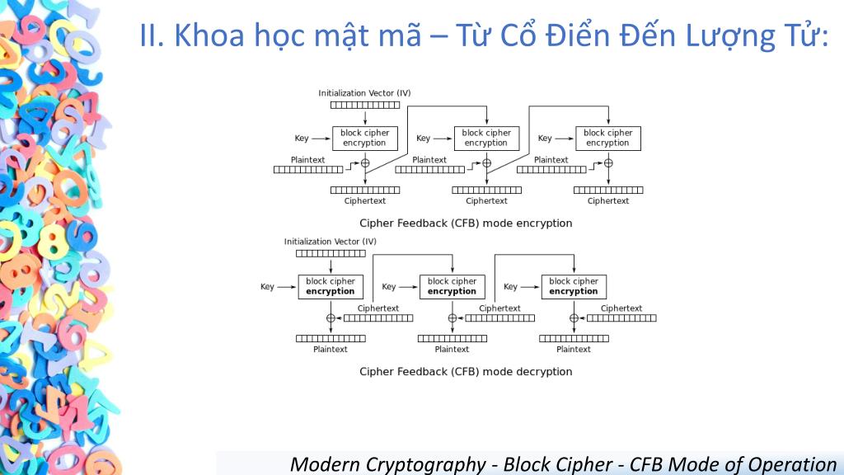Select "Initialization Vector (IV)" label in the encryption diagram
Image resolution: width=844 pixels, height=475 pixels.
click(x=364, y=93)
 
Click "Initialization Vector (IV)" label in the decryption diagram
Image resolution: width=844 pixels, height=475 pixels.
click(x=330, y=242)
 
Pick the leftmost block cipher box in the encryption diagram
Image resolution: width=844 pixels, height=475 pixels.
click(x=364, y=138)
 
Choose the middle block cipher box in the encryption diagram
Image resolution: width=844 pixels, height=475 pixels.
click(x=486, y=138)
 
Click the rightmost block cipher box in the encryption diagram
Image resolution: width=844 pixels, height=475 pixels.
click(x=607, y=138)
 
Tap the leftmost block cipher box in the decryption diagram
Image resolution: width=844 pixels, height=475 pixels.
click(x=330, y=286)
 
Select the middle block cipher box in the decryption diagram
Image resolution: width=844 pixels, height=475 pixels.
click(x=452, y=286)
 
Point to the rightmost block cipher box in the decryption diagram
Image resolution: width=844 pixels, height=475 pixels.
click(x=574, y=286)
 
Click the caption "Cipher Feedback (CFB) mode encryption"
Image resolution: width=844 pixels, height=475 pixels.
click(x=466, y=223)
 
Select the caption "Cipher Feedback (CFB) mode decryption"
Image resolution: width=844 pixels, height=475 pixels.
click(x=466, y=372)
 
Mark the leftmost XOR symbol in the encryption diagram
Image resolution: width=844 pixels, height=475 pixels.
click(x=364, y=163)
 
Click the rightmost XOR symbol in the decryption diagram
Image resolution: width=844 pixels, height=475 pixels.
click(x=574, y=318)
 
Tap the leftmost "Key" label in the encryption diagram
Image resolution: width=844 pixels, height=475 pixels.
click(x=302, y=139)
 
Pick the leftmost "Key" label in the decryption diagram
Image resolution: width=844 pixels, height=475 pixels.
click(x=267, y=287)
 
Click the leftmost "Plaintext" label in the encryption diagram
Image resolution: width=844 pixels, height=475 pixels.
click(x=307, y=160)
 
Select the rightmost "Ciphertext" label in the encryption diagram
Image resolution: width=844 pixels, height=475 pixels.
click(x=608, y=201)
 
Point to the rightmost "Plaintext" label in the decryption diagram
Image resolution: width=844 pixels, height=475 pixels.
click(x=574, y=350)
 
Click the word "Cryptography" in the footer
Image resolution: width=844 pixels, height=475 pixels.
click(x=431, y=464)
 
